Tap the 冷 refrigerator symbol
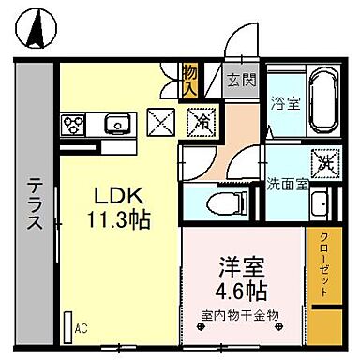201,121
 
